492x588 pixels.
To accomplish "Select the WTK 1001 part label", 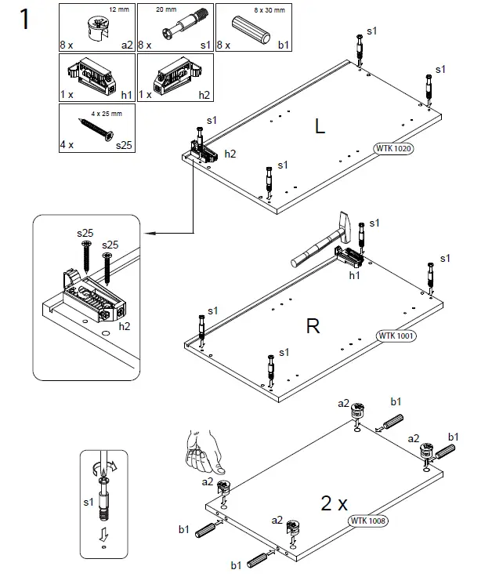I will point(396,336).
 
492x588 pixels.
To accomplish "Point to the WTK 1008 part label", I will point(369,520).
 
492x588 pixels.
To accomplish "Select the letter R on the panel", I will point(313,327).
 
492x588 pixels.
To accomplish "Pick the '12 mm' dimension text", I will point(118,9).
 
